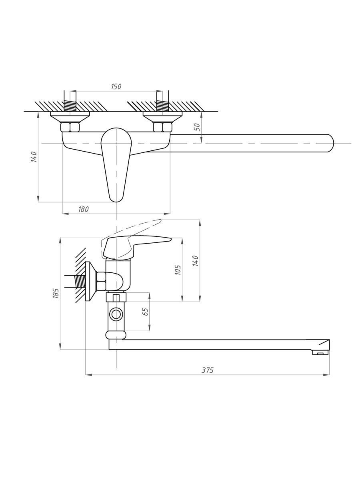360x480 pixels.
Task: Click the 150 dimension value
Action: click(x=116, y=86)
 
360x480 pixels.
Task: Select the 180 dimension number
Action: click(x=84, y=209)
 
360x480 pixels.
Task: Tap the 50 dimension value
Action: click(x=197, y=127)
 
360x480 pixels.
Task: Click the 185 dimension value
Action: click(x=56, y=294)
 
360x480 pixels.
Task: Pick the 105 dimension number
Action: click(x=178, y=270)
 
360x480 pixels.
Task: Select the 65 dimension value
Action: click(x=146, y=312)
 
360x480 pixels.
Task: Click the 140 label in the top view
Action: click(x=34, y=156)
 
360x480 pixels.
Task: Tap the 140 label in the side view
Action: click(x=196, y=260)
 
